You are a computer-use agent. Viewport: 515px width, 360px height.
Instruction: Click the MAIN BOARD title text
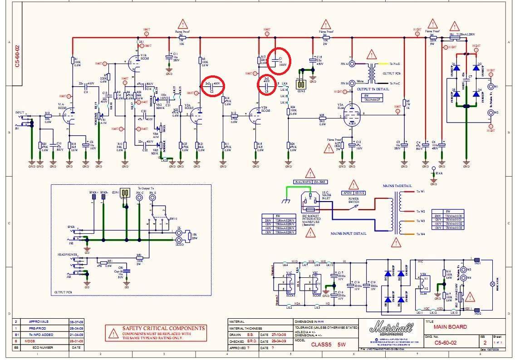[450, 327]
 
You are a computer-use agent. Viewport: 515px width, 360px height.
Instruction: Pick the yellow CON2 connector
[300, 84]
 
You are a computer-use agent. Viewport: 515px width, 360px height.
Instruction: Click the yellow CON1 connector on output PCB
[125, 192]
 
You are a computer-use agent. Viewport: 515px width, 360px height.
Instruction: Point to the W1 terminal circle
[490, 86]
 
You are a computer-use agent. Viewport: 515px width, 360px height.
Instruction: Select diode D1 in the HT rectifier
[457, 68]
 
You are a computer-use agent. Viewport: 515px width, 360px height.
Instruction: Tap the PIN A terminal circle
[351, 64]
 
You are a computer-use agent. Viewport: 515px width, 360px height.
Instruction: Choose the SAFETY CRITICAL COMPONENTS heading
[163, 328]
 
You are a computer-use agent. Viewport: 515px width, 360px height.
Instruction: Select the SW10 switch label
[173, 218]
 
